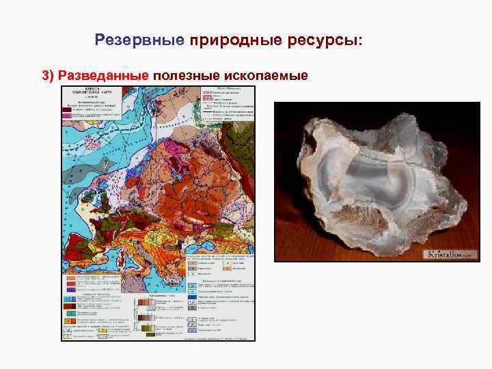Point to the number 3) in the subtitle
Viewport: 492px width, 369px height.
49,74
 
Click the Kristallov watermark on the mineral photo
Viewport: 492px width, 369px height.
449,254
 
